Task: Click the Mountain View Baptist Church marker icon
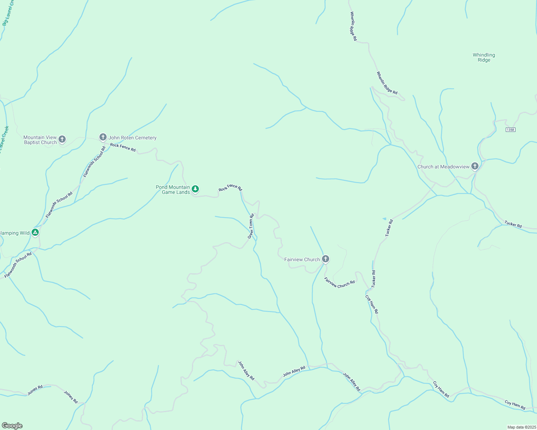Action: (x=62, y=139)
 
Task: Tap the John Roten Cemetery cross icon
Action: (x=103, y=137)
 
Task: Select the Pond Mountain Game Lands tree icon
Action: (x=195, y=189)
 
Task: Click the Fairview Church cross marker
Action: (x=326, y=259)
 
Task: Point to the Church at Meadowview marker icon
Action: (x=475, y=166)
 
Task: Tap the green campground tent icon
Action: (x=35, y=233)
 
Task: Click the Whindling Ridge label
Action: (x=484, y=57)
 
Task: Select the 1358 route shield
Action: (x=510, y=129)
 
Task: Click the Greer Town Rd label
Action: (x=251, y=226)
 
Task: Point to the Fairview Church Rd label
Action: (x=339, y=283)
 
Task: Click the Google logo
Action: (x=12, y=426)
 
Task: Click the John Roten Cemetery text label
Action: (x=132, y=138)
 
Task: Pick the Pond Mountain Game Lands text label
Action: (x=173, y=190)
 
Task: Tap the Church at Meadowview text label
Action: (x=443, y=167)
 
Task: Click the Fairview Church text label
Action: (x=302, y=259)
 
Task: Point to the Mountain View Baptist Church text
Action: (x=40, y=140)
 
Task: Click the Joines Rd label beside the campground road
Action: (x=35, y=390)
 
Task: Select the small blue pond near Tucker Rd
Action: (x=384, y=219)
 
